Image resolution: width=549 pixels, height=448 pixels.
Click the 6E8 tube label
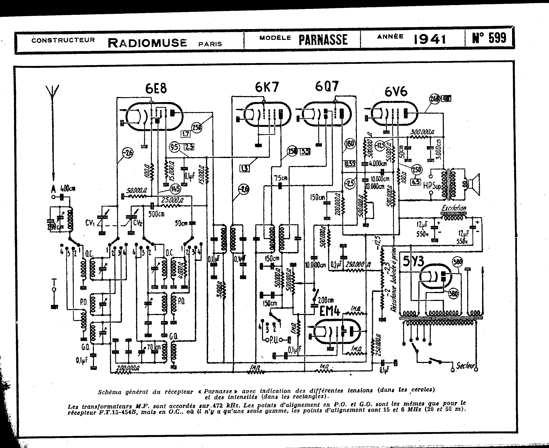(156, 88)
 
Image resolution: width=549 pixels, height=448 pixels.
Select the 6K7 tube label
(267, 87)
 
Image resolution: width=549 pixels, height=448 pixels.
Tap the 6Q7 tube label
(327, 86)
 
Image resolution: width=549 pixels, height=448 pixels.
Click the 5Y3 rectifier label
(414, 262)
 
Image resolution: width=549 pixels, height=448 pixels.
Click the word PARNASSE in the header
(323, 40)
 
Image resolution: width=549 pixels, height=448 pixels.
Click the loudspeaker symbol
(473, 184)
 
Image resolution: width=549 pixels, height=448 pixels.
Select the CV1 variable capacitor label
(89, 223)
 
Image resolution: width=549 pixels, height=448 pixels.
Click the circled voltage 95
(174, 147)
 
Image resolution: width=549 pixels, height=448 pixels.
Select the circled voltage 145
(175, 189)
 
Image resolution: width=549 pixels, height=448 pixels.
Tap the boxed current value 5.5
(305, 152)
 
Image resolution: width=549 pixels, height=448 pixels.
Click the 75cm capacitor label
(280, 178)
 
